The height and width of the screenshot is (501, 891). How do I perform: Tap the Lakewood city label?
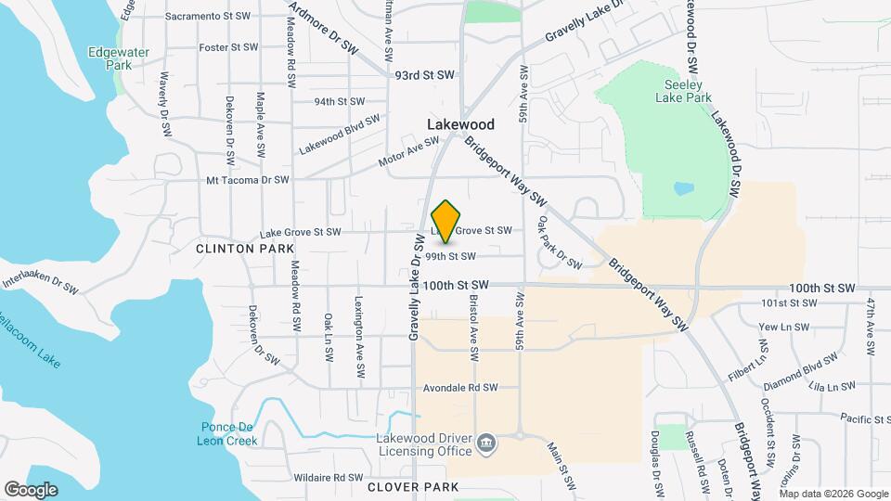click(460, 123)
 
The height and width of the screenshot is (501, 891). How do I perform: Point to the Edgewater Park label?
click(118, 59)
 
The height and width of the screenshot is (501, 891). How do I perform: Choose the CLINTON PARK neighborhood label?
click(245, 249)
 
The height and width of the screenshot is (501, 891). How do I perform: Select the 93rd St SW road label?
click(425, 74)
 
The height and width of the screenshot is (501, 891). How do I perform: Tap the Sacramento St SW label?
click(208, 17)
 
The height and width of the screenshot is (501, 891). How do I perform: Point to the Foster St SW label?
click(227, 46)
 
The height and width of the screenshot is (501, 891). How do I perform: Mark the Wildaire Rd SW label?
click(327, 478)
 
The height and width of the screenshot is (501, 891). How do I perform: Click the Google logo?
click(31, 489)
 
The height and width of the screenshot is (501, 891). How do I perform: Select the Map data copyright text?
click(834, 493)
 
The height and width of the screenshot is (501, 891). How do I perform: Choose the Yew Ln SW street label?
click(783, 327)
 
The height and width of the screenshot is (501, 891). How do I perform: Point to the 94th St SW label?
click(339, 101)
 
